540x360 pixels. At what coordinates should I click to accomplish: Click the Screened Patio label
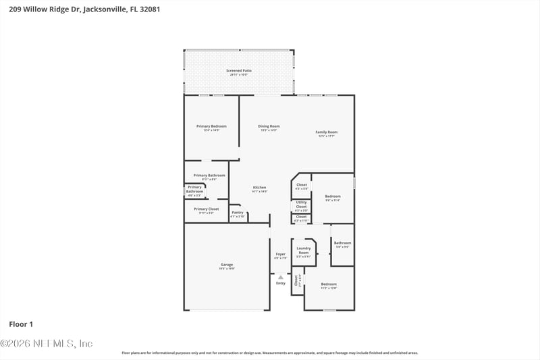click(239, 70)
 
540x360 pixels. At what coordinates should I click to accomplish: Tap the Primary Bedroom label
click(211, 126)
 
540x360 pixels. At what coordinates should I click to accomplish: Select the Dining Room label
click(269, 126)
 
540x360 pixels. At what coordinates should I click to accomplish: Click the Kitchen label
click(260, 187)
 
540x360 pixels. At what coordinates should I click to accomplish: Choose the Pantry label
click(238, 212)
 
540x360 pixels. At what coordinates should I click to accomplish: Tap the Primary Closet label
click(206, 209)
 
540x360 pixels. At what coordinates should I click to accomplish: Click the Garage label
click(227, 264)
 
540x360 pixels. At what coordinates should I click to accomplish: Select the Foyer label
click(281, 254)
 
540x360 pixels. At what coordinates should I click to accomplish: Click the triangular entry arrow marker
click(281, 276)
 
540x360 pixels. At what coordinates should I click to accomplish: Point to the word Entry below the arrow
click(281, 283)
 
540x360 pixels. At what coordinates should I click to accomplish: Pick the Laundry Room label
click(303, 250)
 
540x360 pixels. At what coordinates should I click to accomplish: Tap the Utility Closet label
click(301, 204)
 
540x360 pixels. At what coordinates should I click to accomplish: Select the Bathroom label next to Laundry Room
click(342, 242)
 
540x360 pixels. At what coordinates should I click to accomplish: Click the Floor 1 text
click(22, 324)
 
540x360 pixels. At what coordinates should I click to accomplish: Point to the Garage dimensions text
click(227, 269)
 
